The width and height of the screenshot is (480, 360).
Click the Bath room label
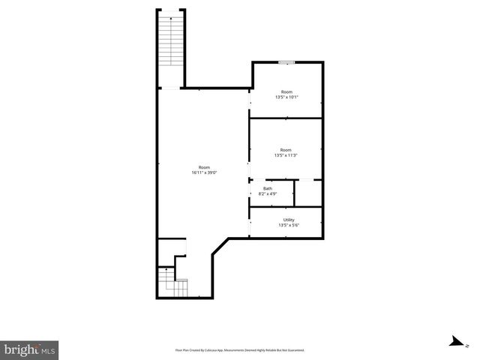(x=267, y=188)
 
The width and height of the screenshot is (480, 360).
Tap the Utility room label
(x=289, y=220)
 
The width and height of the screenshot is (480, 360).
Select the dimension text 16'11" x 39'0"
(x=204, y=173)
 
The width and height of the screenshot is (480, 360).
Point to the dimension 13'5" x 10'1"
(x=286, y=97)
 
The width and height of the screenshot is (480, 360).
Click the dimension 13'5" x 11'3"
(x=286, y=155)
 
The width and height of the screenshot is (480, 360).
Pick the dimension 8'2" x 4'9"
(x=267, y=194)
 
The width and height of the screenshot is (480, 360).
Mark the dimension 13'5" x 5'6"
(x=289, y=226)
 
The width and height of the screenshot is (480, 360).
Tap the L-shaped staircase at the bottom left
(x=172, y=283)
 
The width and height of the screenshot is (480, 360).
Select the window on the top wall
(x=286, y=62)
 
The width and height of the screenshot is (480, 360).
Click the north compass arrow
(x=454, y=342)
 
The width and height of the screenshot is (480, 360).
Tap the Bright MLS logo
(x=29, y=349)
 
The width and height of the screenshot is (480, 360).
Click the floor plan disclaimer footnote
(x=240, y=350)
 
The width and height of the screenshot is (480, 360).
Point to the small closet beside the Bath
(x=307, y=192)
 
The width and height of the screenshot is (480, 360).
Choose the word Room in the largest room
(x=204, y=167)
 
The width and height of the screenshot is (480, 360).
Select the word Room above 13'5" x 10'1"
(x=286, y=91)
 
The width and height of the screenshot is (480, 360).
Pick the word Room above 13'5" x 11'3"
(x=286, y=149)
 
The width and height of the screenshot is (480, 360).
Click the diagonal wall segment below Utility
(x=220, y=247)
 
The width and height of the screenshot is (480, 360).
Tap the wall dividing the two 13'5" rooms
(x=286, y=118)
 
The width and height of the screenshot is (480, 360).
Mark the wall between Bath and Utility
(x=286, y=206)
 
